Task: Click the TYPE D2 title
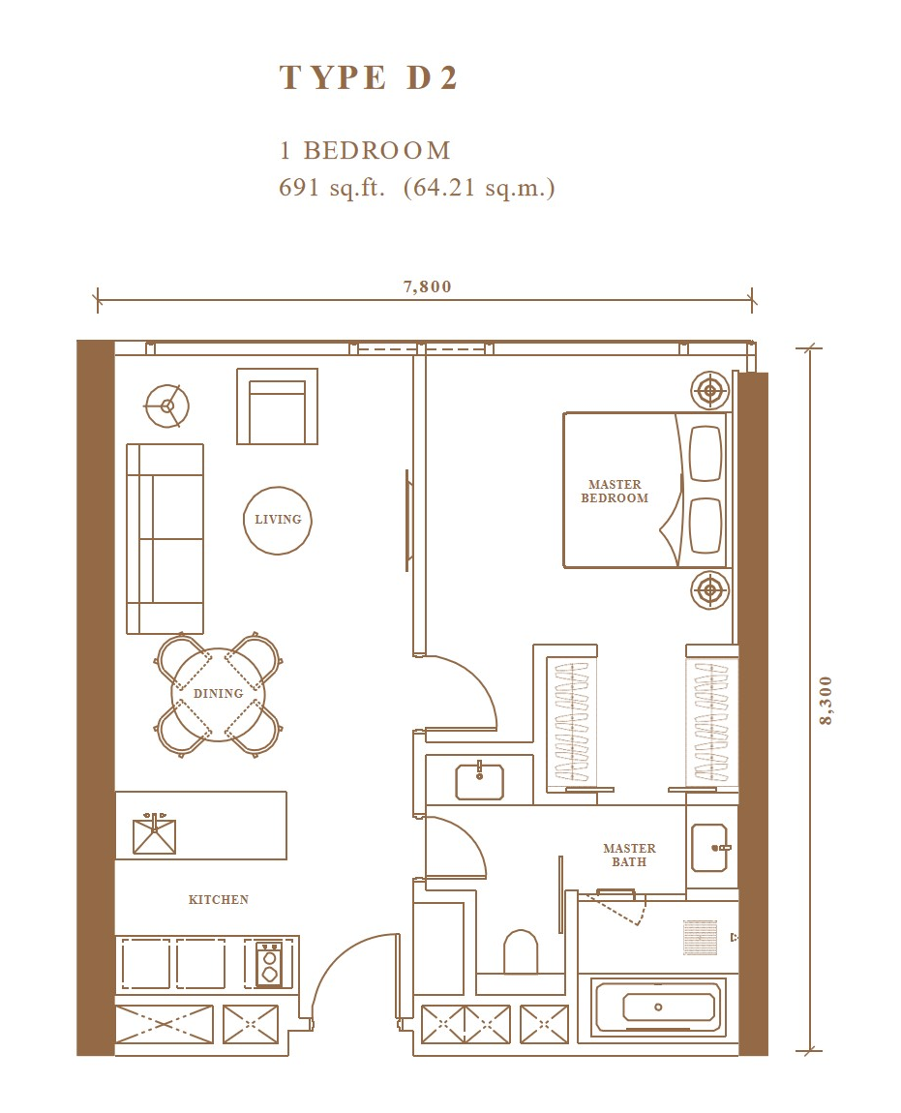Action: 368,77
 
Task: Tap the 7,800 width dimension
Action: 428,286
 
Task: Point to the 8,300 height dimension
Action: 825,700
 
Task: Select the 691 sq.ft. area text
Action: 332,188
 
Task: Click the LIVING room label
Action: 278,520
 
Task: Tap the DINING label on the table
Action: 218,694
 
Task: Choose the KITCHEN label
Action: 219,899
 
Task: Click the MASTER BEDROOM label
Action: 615,492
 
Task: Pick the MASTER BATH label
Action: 630,855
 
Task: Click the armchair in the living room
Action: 277,406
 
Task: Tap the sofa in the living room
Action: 165,539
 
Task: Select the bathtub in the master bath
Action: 658,1007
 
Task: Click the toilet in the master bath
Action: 521,952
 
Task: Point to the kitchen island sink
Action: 154,834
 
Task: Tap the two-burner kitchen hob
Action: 269,964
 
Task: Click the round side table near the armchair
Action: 166,406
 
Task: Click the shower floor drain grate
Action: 700,937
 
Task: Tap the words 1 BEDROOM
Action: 365,150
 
